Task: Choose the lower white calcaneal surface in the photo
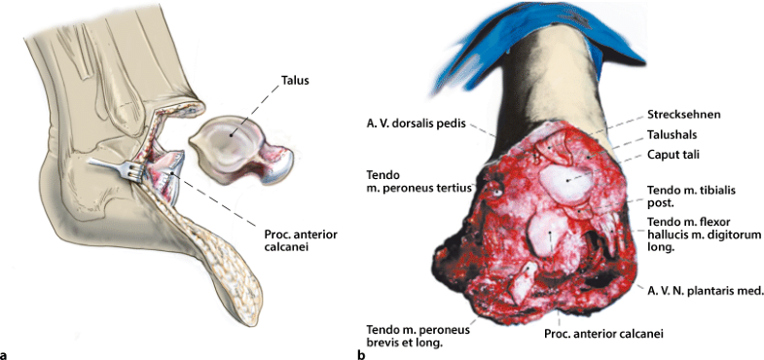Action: [547, 234]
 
